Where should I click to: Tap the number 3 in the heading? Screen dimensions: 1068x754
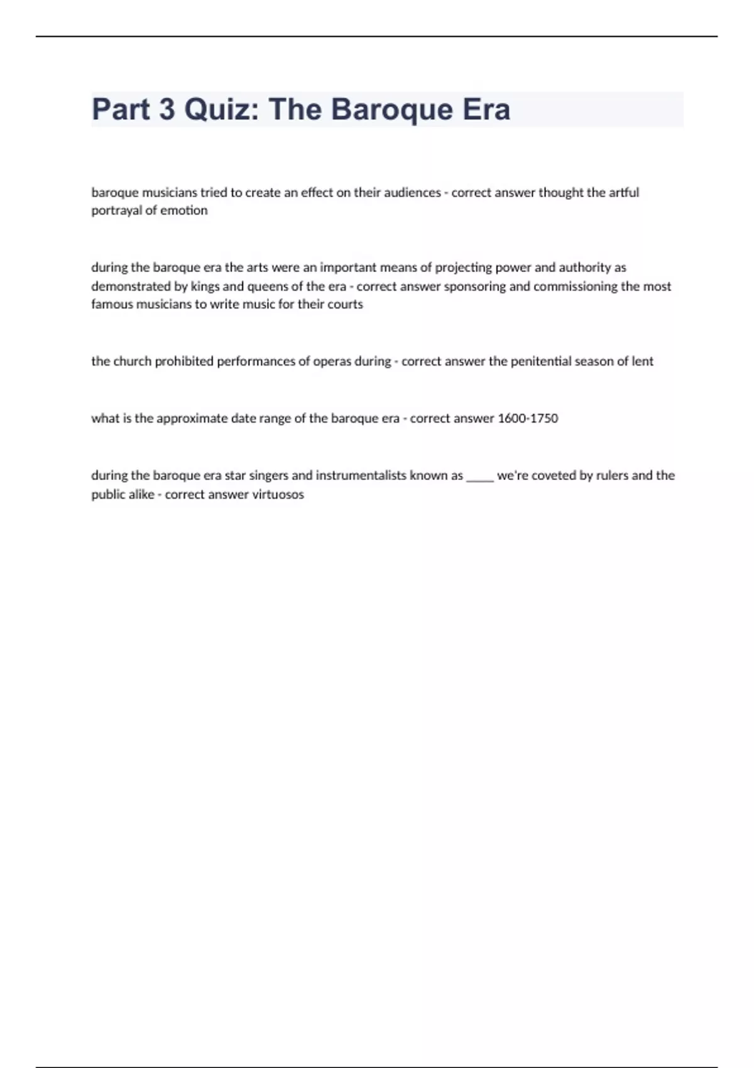(167, 109)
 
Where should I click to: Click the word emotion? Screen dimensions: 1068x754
(183, 210)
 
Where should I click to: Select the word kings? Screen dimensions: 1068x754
(205, 286)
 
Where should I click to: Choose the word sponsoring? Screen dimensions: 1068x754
(474, 286)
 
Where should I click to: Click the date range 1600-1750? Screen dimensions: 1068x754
(527, 418)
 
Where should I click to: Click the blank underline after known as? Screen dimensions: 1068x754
(480, 477)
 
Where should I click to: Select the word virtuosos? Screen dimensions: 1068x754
(278, 494)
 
